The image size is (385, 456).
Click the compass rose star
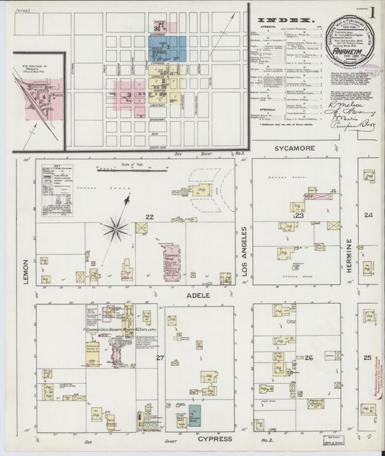[x=115, y=230]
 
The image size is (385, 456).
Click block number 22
[x=150, y=217]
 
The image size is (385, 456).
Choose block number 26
[x=308, y=358]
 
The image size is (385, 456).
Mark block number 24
[x=368, y=216]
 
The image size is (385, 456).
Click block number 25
[x=368, y=357]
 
